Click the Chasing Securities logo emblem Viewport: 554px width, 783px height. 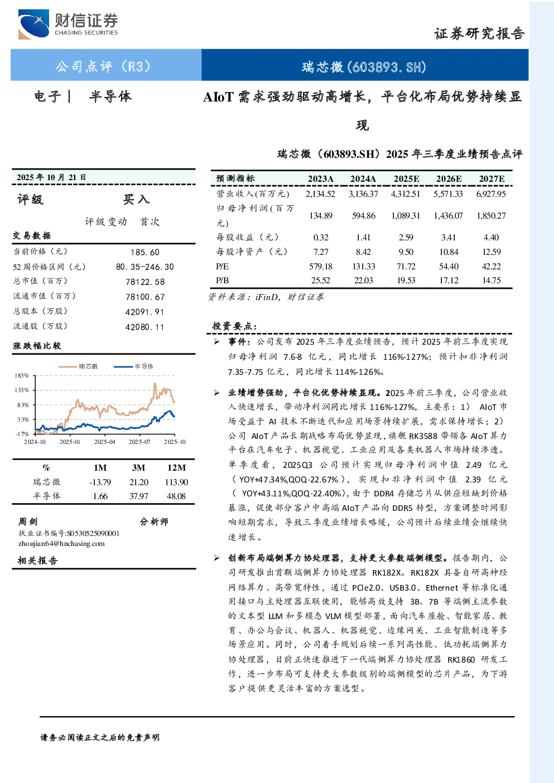[x=33, y=24]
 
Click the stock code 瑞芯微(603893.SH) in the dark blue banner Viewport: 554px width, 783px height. [x=364, y=67]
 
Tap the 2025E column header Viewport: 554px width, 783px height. [x=406, y=178]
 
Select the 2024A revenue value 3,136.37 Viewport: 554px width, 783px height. [x=363, y=194]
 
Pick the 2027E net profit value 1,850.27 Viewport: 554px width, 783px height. [x=491, y=216]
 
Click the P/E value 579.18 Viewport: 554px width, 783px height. [x=321, y=267]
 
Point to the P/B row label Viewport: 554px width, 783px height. [x=222, y=281]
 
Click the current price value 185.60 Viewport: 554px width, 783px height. [x=145, y=253]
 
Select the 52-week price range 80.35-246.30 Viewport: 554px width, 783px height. [x=145, y=267]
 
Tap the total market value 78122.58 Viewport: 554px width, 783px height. [x=145, y=282]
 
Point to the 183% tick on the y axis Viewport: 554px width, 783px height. [x=22, y=375]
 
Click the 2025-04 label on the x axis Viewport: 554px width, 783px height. [x=104, y=442]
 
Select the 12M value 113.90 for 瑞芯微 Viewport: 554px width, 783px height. [x=176, y=482]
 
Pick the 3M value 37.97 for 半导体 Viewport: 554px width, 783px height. [x=139, y=496]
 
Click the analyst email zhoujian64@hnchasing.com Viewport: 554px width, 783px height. [x=61, y=544]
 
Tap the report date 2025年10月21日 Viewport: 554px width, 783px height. [x=51, y=177]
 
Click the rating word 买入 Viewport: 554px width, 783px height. [x=136, y=200]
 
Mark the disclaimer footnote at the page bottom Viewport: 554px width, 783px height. [x=100, y=738]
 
